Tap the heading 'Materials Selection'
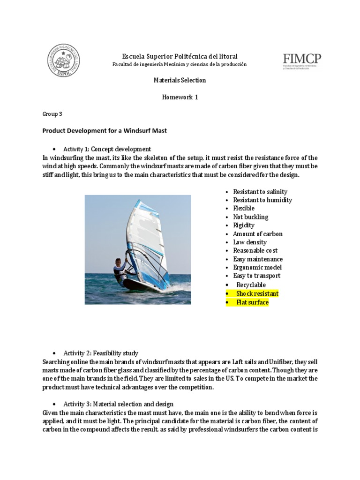[x=180, y=80]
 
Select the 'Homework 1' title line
[x=180, y=97]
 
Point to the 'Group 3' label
[x=52, y=114]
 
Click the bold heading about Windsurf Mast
[x=105, y=131]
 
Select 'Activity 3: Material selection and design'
[x=118, y=404]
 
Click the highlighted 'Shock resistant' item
[x=257, y=293]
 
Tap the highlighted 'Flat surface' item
[x=252, y=302]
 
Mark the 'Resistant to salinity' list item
[x=260, y=192]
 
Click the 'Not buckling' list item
[x=250, y=217]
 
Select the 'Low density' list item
[x=250, y=242]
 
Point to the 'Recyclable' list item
[x=251, y=285]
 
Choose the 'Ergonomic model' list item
[x=257, y=268]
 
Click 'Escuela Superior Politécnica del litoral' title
[x=180, y=56]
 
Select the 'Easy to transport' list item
[x=256, y=276]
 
